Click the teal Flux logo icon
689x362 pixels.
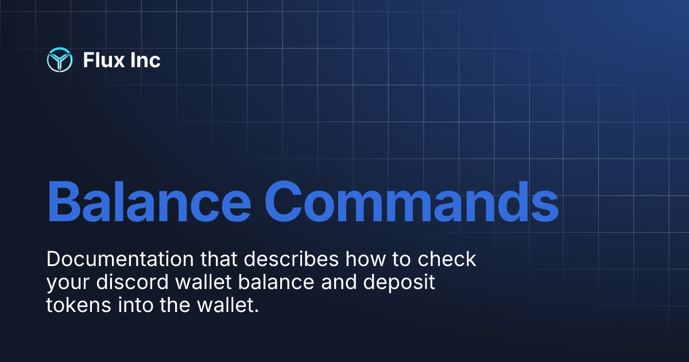tap(59, 60)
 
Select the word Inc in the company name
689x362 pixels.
tap(144, 60)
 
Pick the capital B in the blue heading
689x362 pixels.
tap(65, 203)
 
